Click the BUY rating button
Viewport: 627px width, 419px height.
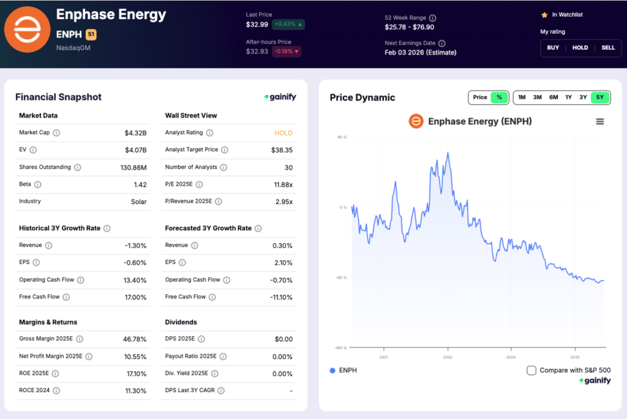pos(553,48)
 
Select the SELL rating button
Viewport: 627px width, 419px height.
pos(608,48)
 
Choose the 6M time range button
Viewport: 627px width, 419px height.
pos(553,97)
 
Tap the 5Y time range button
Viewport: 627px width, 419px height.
pos(600,97)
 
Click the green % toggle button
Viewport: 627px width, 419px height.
pos(499,97)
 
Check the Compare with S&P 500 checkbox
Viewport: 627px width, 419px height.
pos(531,370)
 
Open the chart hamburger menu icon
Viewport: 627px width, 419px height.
pos(600,121)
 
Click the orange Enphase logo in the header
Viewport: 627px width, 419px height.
pos(27,29)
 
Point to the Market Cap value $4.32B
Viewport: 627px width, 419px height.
pos(135,133)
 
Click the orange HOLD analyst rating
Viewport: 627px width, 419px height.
pos(283,133)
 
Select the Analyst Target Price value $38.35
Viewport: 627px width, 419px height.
pos(282,150)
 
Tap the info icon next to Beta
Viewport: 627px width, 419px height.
pos(38,184)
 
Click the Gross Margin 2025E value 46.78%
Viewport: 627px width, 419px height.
pos(135,339)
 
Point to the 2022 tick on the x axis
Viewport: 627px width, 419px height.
pos(448,357)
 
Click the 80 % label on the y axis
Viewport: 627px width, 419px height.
pos(342,137)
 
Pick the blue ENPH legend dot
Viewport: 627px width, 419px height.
pos(332,371)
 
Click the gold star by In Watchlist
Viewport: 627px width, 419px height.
pos(544,15)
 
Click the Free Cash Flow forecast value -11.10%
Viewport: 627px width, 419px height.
pos(280,297)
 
